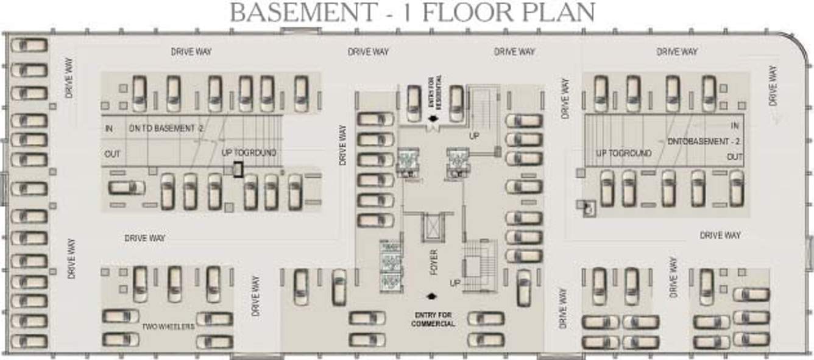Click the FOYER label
pos(434,261)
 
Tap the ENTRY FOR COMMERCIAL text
pos(433,319)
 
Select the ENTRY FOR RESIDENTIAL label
pos(434,91)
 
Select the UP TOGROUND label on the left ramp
pos(249,153)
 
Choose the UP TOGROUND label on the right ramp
pos(623,154)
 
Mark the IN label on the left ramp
pos(109,129)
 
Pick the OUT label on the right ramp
pos(734,157)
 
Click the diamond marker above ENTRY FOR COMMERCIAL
pos(432,297)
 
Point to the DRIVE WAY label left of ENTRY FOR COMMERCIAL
pos(256,295)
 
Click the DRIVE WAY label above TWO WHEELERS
pos(145,238)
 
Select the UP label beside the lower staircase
pos(455,284)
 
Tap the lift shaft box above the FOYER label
pos(432,225)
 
